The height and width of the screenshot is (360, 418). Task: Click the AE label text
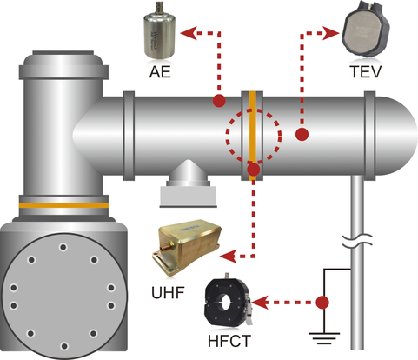pos(160,72)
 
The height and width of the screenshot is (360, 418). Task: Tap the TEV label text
pos(365,71)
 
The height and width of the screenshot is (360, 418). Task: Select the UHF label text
pos(168,292)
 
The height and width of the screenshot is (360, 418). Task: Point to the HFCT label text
pos(229,341)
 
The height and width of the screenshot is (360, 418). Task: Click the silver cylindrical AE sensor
pos(160,35)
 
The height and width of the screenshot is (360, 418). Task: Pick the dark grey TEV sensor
pos(366,30)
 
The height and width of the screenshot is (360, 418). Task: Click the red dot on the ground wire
pos(322,303)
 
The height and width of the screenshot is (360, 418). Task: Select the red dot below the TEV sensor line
pos(302,135)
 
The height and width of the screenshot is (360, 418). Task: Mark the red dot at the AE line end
pos(219,101)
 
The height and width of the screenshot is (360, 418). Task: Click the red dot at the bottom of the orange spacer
pos(254,170)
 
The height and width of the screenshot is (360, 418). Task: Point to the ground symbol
pos(324,338)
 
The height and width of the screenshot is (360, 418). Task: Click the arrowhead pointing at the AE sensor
pos(189,33)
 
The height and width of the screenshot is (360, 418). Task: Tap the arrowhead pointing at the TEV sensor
pos(331,33)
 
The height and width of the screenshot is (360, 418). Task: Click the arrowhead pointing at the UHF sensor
pos(229,257)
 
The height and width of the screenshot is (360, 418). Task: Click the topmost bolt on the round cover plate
pos(63,248)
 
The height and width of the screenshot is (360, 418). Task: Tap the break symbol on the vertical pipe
pos(357,241)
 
